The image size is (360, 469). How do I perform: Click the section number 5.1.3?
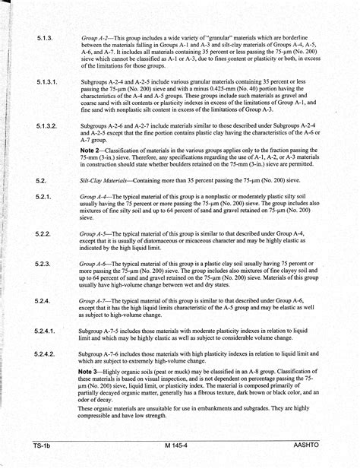[43, 36]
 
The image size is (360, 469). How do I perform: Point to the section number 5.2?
[41, 180]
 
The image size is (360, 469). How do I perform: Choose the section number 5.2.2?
[43, 233]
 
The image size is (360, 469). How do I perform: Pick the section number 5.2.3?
[43, 263]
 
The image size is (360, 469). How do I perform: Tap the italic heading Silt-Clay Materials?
[106, 180]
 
